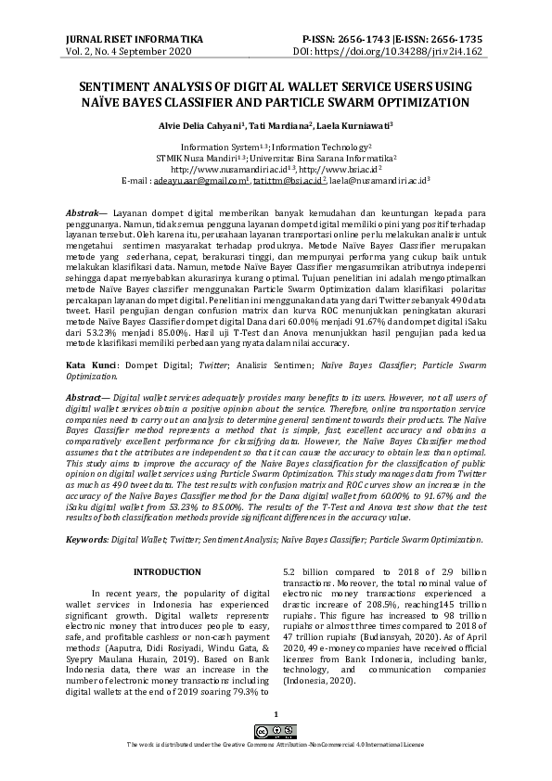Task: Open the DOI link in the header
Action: (411, 53)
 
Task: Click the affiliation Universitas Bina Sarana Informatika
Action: (331, 159)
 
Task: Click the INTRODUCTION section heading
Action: (167, 572)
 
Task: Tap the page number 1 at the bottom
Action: (276, 713)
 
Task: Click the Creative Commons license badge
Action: (276, 732)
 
